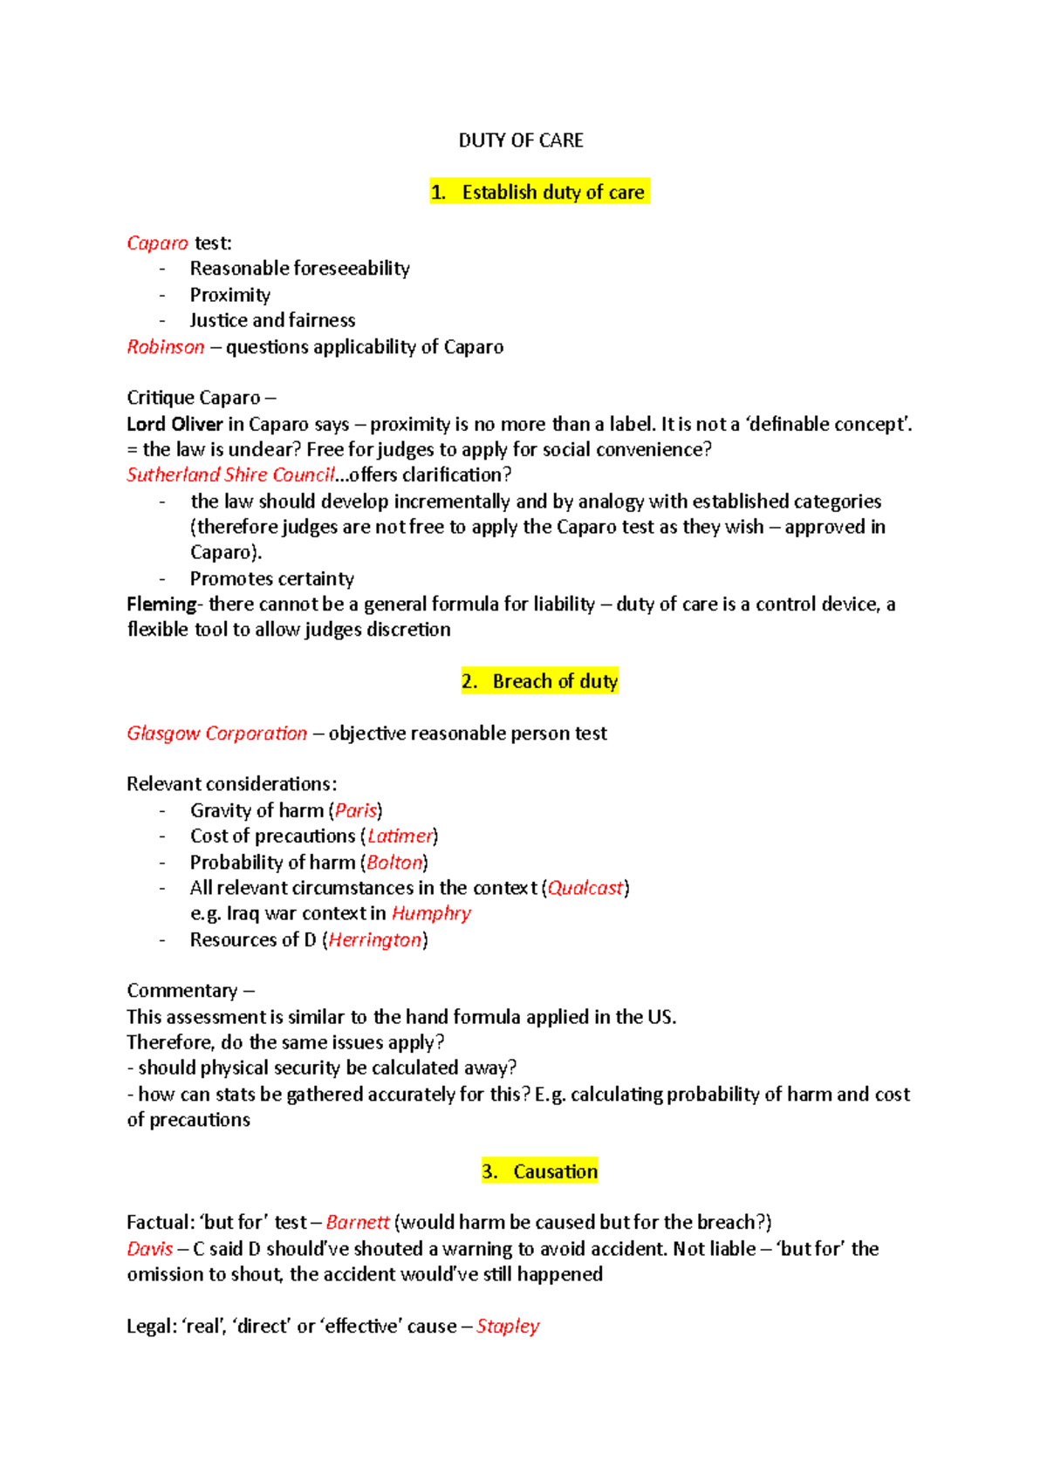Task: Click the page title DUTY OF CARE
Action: coord(521,140)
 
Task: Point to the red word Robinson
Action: coord(166,347)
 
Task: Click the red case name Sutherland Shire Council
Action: coord(230,474)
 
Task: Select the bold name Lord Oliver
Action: coord(174,425)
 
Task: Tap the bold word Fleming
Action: coord(161,604)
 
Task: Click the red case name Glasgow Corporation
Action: coord(216,734)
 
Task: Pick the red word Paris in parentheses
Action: coord(356,810)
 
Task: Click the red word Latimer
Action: coord(400,836)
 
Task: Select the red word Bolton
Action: coord(394,863)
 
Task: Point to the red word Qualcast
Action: coord(585,888)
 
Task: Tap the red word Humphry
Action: coord(431,913)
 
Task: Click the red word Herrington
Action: coord(375,940)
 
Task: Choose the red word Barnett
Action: coord(357,1223)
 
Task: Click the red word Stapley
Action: coord(508,1327)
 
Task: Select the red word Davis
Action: coord(150,1249)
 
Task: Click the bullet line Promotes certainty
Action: coord(271,579)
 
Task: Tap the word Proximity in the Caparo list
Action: coord(229,295)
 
